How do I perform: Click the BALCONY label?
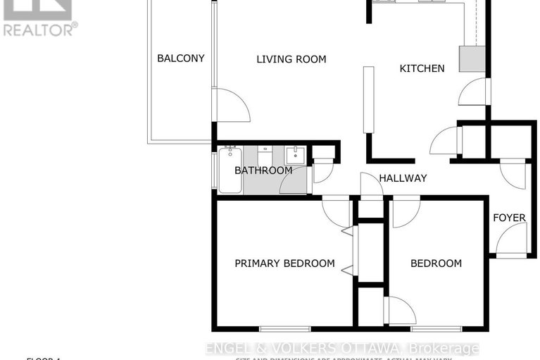(180, 58)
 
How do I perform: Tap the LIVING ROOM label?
(291, 59)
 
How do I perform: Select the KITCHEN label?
(422, 68)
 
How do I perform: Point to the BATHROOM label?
(263, 170)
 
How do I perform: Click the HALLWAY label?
(403, 178)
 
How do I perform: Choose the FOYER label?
(508, 218)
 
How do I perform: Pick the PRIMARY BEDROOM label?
(284, 263)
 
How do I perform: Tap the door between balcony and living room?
(231, 106)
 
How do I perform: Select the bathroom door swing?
(295, 182)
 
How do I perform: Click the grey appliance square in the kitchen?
(472, 59)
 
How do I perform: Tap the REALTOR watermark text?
(40, 30)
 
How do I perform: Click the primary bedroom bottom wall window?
(284, 328)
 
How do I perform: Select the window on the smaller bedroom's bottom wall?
(436, 328)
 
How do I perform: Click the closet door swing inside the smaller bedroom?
(400, 311)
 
